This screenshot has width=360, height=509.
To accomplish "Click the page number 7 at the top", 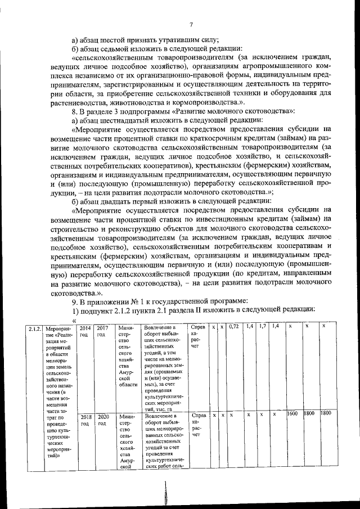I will click(x=191, y=24).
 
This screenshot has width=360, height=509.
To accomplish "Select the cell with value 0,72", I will click(x=235, y=327).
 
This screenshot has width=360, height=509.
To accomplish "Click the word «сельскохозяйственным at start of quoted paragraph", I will click(x=112, y=57).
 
